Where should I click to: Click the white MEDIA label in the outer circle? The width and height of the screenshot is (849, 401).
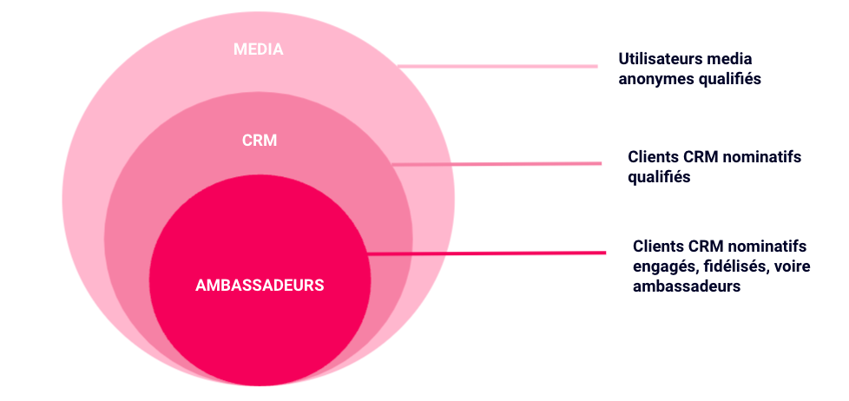pos(258,49)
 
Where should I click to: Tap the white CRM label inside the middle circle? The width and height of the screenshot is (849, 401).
pos(260,140)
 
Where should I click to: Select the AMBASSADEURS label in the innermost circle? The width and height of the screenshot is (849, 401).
pos(260,285)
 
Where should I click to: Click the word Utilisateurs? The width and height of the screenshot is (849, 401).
pos(659,60)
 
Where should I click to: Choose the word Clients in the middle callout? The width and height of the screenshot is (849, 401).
pos(653,158)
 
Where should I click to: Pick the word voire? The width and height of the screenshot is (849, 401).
pos(790,266)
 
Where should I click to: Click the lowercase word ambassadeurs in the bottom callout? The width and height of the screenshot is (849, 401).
pos(687,286)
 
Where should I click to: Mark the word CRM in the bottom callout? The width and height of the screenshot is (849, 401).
pos(705,247)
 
